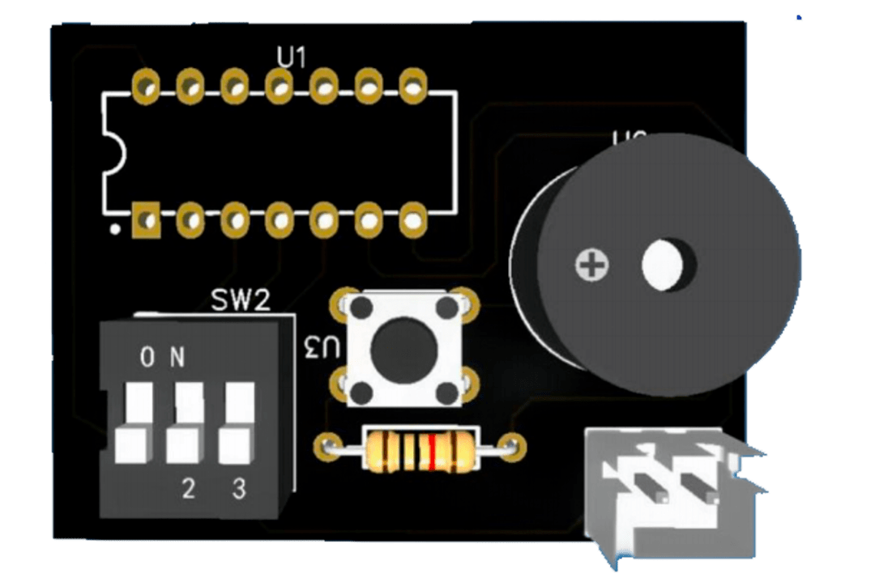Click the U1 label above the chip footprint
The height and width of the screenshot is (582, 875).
pyautogui.click(x=292, y=57)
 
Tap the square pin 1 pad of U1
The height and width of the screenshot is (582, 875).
pyautogui.click(x=147, y=219)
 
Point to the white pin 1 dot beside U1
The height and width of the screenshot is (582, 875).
pyautogui.click(x=116, y=230)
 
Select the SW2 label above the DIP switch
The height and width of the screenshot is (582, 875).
pyautogui.click(x=240, y=301)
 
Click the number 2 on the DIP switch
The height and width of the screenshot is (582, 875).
pyautogui.click(x=188, y=488)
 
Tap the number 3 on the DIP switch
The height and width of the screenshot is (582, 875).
pyautogui.click(x=239, y=488)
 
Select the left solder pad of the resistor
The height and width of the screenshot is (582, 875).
pyautogui.click(x=329, y=444)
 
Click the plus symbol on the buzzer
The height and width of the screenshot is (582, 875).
pyautogui.click(x=592, y=265)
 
